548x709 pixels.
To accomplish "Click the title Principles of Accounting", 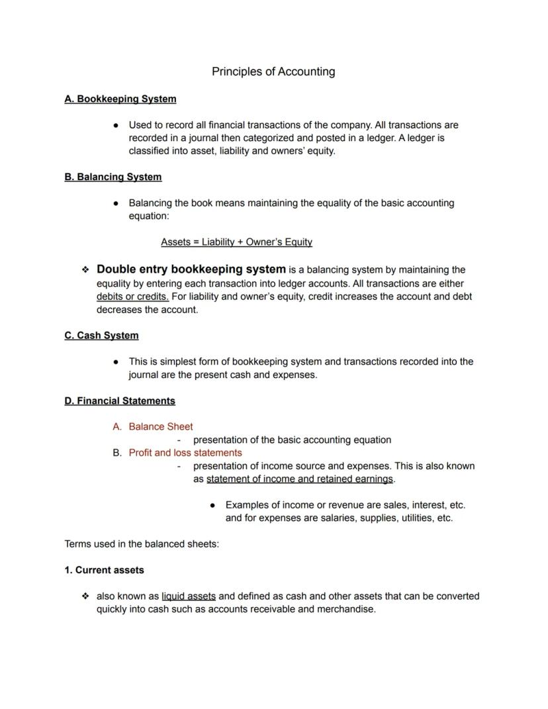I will click(x=273, y=71).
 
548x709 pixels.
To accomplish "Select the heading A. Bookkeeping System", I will click(x=120, y=99).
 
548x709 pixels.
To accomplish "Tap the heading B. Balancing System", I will click(x=113, y=177).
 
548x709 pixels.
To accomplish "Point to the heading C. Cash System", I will click(x=101, y=336).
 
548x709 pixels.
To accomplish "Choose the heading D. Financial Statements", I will click(x=120, y=401).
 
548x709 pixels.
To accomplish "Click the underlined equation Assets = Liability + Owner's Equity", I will click(x=236, y=242).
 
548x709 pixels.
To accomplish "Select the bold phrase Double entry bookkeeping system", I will click(x=191, y=269).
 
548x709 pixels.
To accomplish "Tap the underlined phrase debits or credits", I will click(x=132, y=297).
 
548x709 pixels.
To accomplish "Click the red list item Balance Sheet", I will click(x=161, y=427).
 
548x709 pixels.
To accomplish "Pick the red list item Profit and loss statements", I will click(x=185, y=453).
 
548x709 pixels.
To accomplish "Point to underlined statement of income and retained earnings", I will click(x=300, y=479).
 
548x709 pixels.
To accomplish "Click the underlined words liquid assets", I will click(x=189, y=596).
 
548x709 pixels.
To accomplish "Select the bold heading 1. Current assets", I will click(x=104, y=570).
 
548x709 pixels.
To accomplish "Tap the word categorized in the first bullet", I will click(x=260, y=138).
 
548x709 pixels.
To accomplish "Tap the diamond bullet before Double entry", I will click(x=85, y=270).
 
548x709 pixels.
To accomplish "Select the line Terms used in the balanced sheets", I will click(x=142, y=544).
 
